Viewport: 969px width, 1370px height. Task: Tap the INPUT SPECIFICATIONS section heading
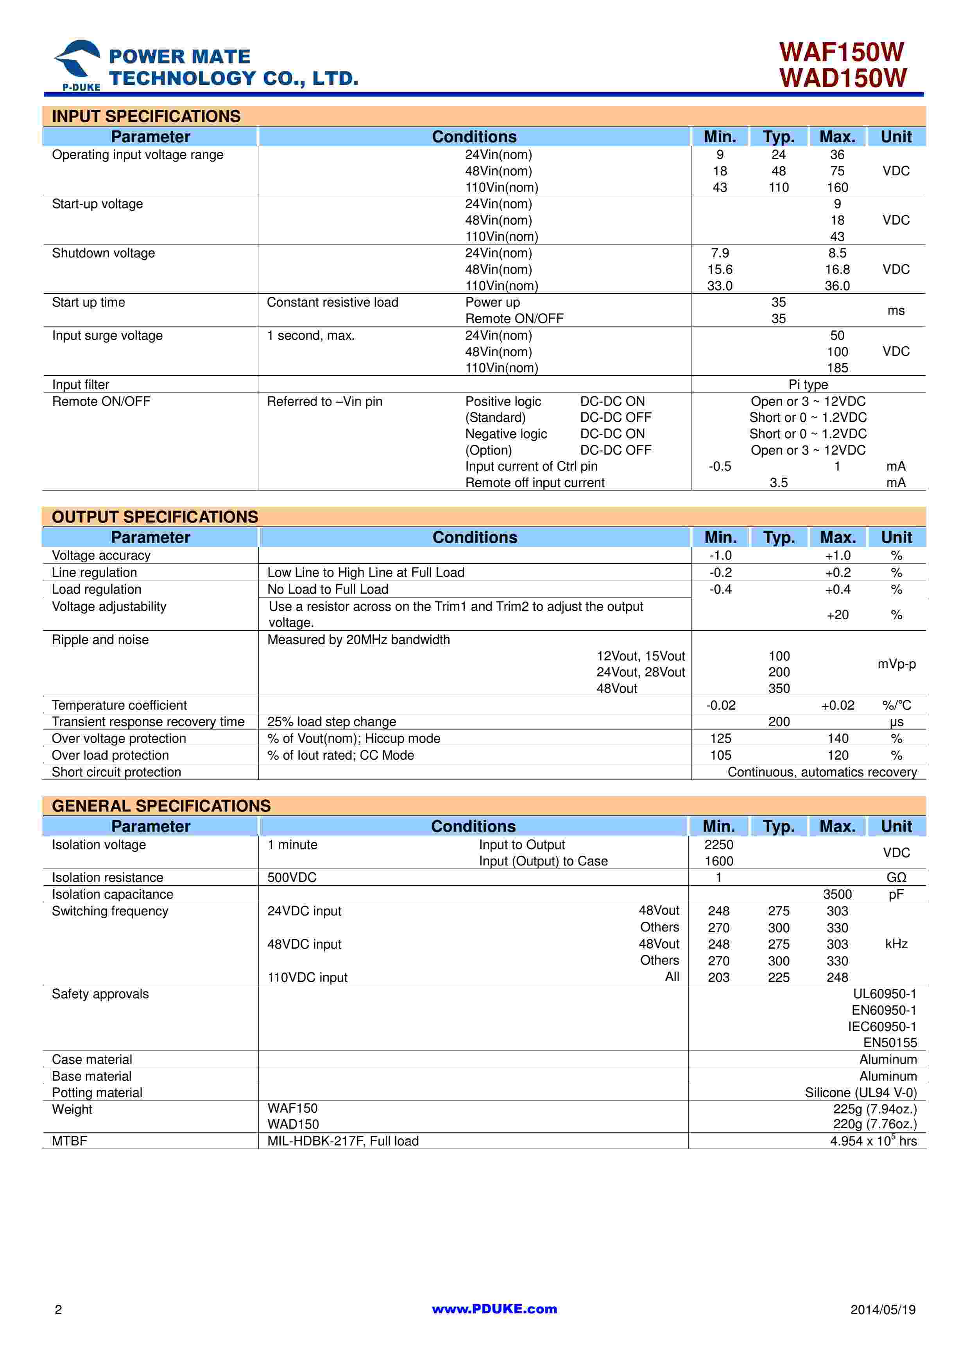146,116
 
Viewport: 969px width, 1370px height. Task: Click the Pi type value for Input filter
808,385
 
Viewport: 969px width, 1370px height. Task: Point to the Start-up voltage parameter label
97,204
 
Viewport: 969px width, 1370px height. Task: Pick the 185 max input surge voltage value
837,368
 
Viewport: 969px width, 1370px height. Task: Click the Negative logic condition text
506,434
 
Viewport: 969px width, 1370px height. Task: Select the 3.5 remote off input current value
779,483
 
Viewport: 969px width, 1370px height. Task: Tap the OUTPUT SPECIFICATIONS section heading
155,517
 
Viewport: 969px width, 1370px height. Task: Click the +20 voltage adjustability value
837,615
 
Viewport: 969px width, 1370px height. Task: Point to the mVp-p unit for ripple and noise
896,664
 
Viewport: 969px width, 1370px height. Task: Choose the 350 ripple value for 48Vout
779,689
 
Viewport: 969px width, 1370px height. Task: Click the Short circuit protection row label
116,772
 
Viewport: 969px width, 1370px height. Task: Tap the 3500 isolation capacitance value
837,894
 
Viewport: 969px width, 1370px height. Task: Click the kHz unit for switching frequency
896,944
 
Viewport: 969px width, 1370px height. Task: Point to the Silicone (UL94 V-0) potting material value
860,1093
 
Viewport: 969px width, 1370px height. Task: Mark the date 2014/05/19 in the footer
883,1310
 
